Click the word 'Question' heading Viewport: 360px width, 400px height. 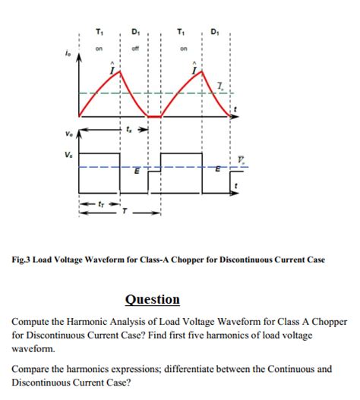point(152,299)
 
